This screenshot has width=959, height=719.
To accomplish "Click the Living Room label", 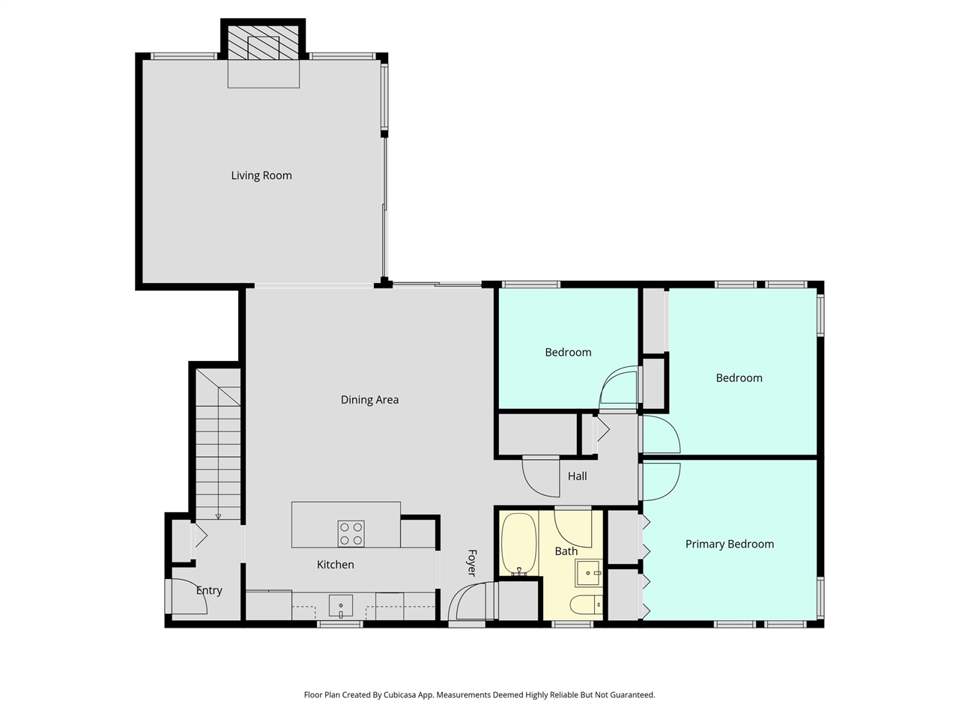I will [x=261, y=175].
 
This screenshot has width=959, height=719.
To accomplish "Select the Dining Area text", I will [x=369, y=399].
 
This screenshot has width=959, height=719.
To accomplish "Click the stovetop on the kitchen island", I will [x=351, y=533].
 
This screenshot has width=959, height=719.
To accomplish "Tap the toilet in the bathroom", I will [x=584, y=604].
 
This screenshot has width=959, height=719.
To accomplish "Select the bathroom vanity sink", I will [x=589, y=573].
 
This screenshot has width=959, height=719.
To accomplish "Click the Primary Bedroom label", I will [x=729, y=544].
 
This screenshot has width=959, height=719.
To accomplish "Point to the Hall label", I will [x=577, y=476].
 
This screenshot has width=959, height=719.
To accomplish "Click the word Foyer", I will [x=471, y=563].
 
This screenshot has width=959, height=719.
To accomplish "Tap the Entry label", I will [x=209, y=590].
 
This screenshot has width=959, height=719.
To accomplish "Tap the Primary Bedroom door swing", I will [x=661, y=482].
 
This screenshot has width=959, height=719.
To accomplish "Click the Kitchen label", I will [x=335, y=564].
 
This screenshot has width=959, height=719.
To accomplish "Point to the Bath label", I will [x=566, y=550].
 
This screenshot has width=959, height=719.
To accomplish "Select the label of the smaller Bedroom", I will [x=568, y=352].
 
